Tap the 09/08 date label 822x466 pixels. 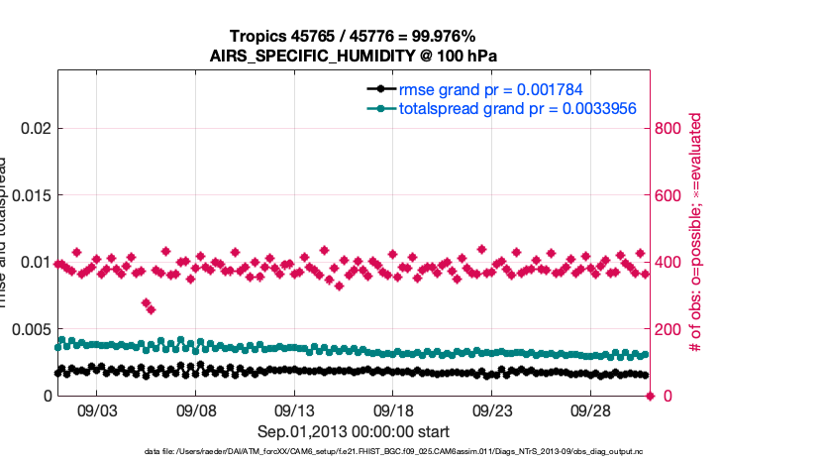(196, 408)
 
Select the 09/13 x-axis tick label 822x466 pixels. (294, 408)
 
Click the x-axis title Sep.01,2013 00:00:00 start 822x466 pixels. (354, 432)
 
